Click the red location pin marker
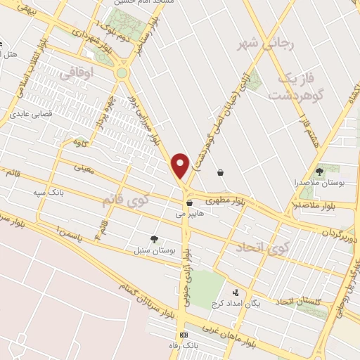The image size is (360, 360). click(181, 165)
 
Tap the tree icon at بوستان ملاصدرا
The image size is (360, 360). click(319, 171)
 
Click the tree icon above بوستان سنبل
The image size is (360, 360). click(154, 239)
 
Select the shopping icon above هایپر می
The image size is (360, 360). click(189, 202)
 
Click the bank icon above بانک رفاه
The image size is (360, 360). click(184, 335)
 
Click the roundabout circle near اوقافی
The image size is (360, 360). click(122, 72)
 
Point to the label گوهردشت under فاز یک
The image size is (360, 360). click(295, 93)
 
